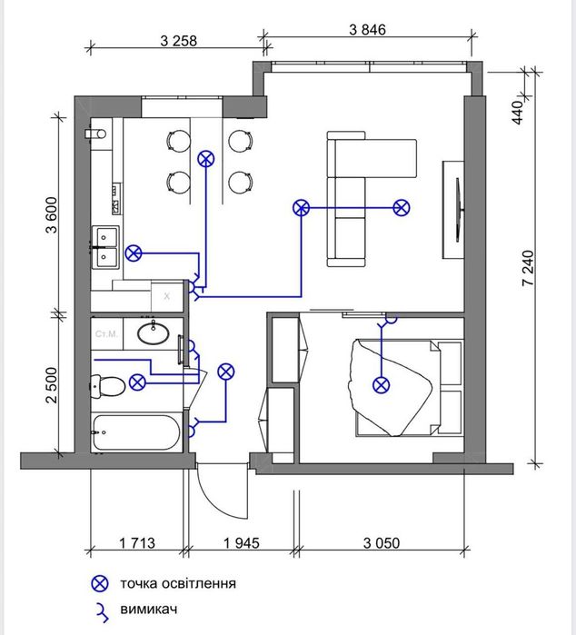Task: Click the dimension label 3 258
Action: pos(179,41)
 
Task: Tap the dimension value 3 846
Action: pos(367,30)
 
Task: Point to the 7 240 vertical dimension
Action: pos(528,269)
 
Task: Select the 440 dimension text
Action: pos(517,113)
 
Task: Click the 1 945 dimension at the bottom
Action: pos(242,542)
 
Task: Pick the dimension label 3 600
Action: pos(53,215)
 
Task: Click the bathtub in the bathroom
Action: pos(136,432)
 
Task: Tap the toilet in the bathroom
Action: pos(107,386)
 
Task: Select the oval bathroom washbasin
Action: pos(154,332)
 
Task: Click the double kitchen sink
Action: pos(105,247)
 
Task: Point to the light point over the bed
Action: pos(381,385)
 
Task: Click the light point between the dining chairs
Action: pos(206,159)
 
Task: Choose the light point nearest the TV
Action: pos(401,208)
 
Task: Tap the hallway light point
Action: pos(225,372)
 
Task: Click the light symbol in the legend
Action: pos(100,583)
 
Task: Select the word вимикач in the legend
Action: pos(149,609)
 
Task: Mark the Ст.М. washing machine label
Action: pos(106,334)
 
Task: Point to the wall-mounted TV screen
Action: pos(459,210)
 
